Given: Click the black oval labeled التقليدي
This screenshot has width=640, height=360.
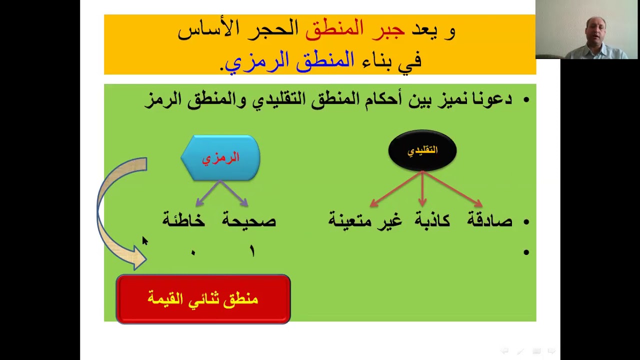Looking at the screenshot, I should coord(422,150).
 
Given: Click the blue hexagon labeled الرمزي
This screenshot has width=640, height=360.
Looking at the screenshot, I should coord(220,158).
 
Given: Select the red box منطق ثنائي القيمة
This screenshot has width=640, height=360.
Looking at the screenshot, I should coord(203,299).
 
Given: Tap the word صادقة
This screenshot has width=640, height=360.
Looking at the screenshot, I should coord(489,220).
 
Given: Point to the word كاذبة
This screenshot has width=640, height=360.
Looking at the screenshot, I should coord(432,220).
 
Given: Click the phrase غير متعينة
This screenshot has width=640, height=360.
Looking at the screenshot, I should coord(365,220).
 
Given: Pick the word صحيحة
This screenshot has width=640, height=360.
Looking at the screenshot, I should coord(249,220).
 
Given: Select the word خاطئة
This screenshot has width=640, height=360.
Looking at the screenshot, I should coord(183,220).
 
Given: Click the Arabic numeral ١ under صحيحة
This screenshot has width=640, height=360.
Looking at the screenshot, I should coord(252,251).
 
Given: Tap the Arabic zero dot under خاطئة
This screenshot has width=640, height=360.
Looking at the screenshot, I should coord(193,253).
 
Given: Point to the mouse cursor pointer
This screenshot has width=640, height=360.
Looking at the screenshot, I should coord(144,241).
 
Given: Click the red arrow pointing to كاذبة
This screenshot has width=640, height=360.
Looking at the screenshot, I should coord(422,190).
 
